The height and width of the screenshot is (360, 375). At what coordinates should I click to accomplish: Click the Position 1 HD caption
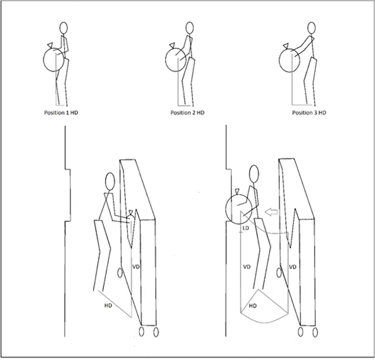(x=61, y=112)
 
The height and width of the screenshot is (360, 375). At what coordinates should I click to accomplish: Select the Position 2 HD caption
(x=187, y=112)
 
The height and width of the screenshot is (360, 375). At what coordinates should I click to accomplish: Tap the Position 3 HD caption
(x=309, y=112)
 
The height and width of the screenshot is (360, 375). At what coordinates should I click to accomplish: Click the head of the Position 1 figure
(x=64, y=28)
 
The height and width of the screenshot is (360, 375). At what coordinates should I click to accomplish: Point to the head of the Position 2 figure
(x=189, y=28)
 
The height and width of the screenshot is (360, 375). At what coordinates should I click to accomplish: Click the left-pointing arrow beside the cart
(x=271, y=212)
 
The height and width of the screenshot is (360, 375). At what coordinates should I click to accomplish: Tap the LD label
(x=246, y=228)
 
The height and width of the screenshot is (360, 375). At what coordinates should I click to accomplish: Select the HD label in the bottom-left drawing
(x=108, y=306)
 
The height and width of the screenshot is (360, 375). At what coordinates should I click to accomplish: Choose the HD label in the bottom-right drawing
(x=253, y=306)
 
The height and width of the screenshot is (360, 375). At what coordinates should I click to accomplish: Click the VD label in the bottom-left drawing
(x=136, y=267)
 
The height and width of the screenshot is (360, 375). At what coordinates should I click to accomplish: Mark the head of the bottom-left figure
(x=110, y=181)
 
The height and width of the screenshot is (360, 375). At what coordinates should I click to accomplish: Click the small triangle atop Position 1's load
(x=50, y=45)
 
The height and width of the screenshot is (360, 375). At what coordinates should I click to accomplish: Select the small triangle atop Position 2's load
(x=172, y=45)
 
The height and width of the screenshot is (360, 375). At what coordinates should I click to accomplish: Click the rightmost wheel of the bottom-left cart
(x=156, y=332)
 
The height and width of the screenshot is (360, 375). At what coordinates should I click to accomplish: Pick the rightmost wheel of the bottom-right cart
(x=315, y=332)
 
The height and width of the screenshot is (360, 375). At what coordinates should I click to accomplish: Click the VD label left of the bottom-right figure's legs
(x=247, y=267)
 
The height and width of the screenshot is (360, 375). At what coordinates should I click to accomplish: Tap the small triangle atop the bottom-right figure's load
(x=237, y=191)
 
